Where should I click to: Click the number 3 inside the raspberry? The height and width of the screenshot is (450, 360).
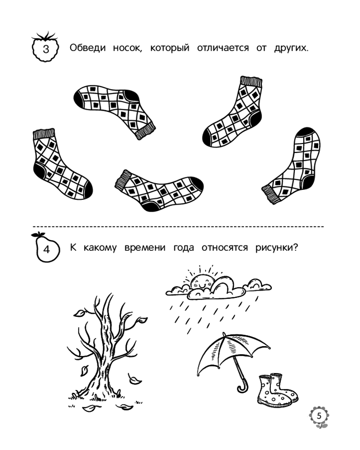[46, 49]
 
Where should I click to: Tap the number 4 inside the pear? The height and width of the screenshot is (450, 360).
[46, 249]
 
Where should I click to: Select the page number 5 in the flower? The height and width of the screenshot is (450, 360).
[319, 415]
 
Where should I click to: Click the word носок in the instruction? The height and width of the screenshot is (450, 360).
[127, 48]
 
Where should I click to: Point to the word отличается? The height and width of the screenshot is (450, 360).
[223, 48]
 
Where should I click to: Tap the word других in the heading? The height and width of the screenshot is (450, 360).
[291, 48]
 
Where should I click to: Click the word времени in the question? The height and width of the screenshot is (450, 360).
[145, 247]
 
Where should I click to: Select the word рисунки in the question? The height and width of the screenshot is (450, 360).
[277, 247]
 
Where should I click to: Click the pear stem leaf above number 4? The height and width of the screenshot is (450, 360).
[38, 235]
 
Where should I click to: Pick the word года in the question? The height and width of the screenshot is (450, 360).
[184, 247]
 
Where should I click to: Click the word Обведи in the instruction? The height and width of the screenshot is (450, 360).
[88, 48]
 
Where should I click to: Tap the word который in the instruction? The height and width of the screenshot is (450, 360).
[170, 48]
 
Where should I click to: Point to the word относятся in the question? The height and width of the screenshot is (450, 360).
[225, 247]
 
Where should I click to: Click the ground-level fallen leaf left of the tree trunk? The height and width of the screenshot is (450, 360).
[90, 408]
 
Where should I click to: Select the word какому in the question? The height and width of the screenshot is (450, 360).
[100, 248]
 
